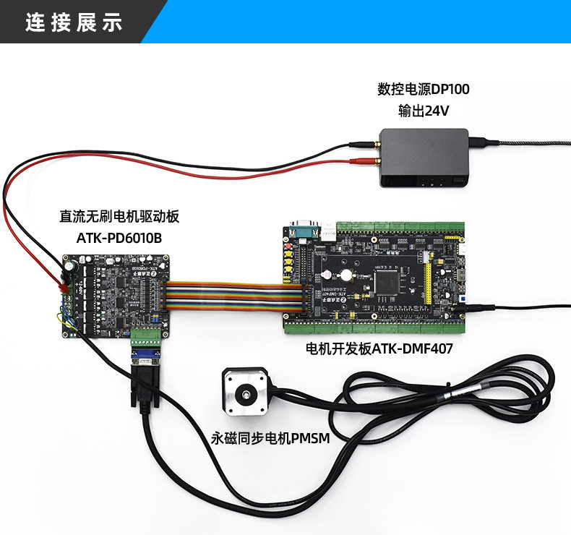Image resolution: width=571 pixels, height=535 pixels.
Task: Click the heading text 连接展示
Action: pyautogui.click(x=74, y=22)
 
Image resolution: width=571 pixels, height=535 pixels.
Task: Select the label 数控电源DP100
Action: pyautogui.click(x=423, y=90)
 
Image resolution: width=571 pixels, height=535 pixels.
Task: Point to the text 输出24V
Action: pyautogui.click(x=423, y=111)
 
